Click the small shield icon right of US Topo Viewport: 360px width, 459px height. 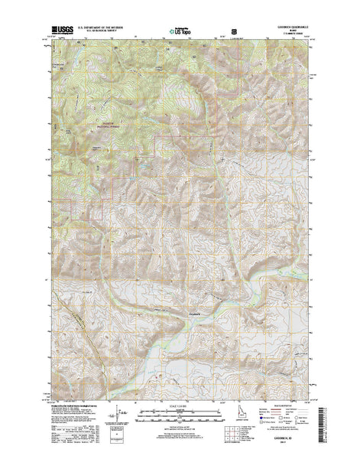[x=222, y=31]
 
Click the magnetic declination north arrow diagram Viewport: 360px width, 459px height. [x=115, y=420]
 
